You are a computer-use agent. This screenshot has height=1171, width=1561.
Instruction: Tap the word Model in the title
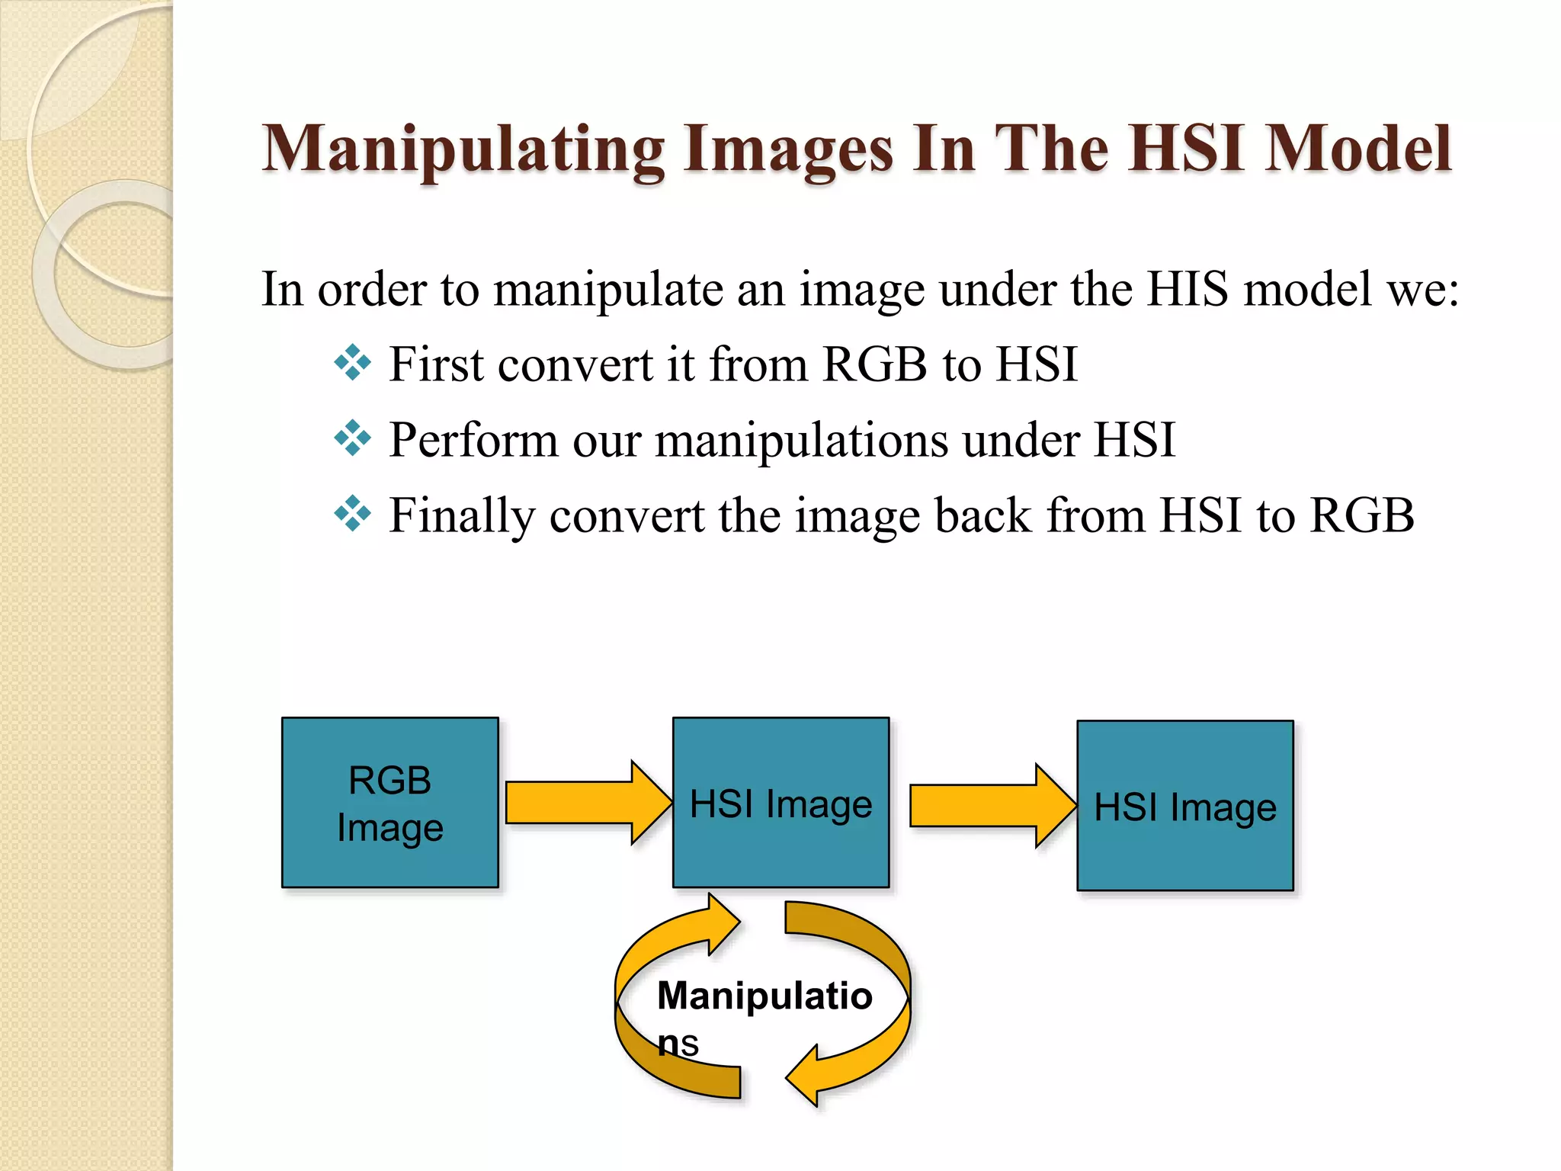pyautogui.click(x=1357, y=148)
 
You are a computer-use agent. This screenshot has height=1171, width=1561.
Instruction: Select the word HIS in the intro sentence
pyautogui.click(x=1188, y=290)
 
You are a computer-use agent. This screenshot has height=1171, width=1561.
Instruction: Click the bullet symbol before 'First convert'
pyautogui.click(x=352, y=363)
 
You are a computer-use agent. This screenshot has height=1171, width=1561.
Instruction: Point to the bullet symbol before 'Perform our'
pyautogui.click(x=352, y=438)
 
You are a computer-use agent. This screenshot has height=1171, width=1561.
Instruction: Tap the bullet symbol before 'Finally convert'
pyautogui.click(x=352, y=514)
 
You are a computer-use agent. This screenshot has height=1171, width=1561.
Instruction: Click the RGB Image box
pyautogui.click(x=389, y=803)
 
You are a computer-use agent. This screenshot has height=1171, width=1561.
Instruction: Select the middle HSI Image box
pyautogui.click(x=780, y=803)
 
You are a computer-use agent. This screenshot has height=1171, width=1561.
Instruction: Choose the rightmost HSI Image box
pyautogui.click(x=1184, y=806)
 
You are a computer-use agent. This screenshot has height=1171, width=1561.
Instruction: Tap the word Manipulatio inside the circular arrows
pyautogui.click(x=764, y=996)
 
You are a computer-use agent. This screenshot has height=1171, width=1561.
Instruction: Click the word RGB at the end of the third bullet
pyautogui.click(x=1361, y=515)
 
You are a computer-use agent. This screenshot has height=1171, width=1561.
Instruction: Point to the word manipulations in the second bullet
pyautogui.click(x=801, y=441)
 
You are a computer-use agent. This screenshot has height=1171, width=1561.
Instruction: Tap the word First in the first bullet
pyautogui.click(x=436, y=364)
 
